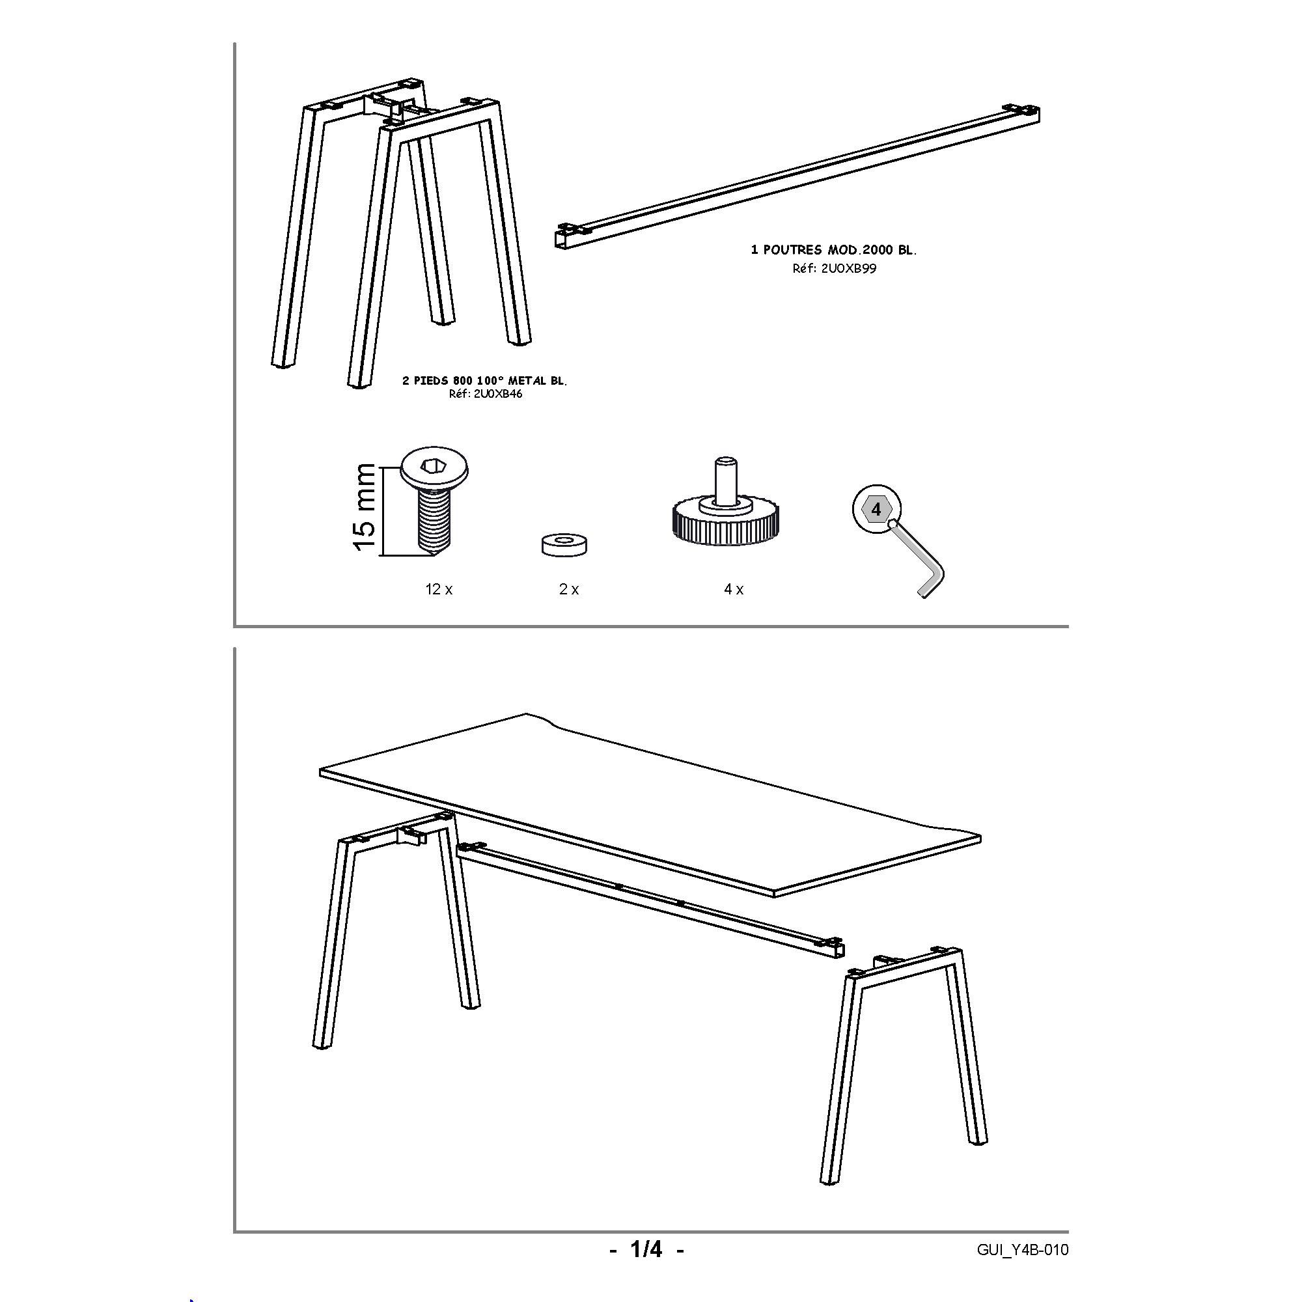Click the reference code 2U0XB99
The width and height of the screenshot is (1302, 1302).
coord(834,269)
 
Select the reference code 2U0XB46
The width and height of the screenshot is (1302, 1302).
coord(485,395)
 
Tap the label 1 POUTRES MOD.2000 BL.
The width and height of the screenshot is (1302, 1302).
coord(834,250)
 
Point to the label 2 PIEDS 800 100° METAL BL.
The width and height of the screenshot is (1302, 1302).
coord(484,381)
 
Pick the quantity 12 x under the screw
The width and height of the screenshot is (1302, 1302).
coord(439,590)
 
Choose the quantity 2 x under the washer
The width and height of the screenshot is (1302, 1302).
coord(569,590)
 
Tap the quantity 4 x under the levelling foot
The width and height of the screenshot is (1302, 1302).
coord(734,590)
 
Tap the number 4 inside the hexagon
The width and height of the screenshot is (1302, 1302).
coord(876,510)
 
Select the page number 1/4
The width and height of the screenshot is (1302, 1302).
coord(646,1250)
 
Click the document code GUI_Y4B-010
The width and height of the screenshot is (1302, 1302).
coord(1022,1250)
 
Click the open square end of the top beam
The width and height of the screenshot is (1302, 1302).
coord(562,242)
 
